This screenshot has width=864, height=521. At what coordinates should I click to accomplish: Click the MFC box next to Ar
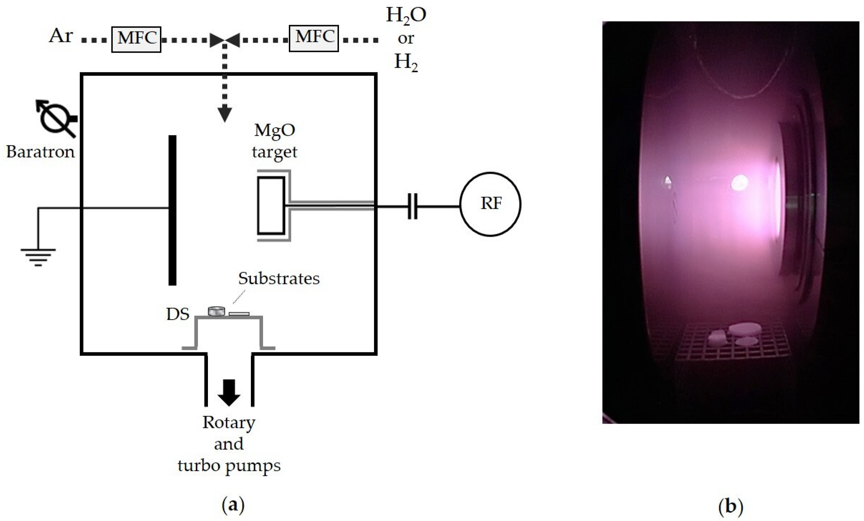(x=136, y=39)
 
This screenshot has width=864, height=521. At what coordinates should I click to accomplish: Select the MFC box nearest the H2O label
(x=314, y=38)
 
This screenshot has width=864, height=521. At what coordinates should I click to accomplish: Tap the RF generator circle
(x=490, y=204)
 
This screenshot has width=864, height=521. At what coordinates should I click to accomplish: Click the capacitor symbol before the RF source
(x=412, y=206)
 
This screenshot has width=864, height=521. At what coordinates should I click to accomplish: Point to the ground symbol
(x=38, y=256)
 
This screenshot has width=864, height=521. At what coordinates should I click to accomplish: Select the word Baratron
(x=40, y=152)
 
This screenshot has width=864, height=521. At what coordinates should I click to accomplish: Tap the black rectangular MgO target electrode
(x=271, y=206)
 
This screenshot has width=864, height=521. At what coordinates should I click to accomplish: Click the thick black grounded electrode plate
(x=173, y=210)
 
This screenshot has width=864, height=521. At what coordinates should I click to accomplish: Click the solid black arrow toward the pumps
(x=229, y=392)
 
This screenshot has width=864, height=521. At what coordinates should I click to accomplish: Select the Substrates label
(x=279, y=279)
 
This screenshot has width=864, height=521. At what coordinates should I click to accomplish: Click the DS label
(x=178, y=314)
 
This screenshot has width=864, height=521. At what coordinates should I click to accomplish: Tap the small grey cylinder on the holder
(x=216, y=311)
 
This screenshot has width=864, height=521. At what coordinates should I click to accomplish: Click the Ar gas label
(x=61, y=36)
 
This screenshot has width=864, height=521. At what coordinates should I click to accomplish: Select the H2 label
(x=406, y=63)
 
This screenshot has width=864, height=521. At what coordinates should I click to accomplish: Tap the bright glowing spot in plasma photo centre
(x=739, y=183)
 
